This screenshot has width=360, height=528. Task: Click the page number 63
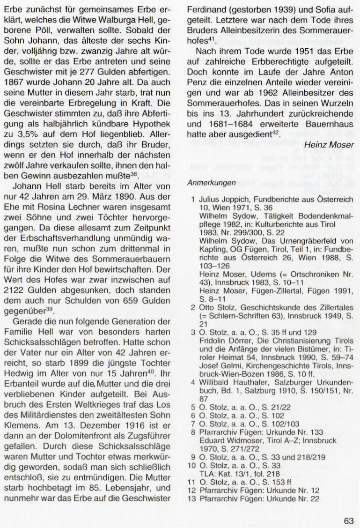[x=348, y=507]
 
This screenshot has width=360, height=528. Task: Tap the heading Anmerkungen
[x=209, y=182]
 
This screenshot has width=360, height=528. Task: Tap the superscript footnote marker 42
[x=275, y=133]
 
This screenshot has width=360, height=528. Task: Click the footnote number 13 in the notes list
[x=191, y=499]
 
